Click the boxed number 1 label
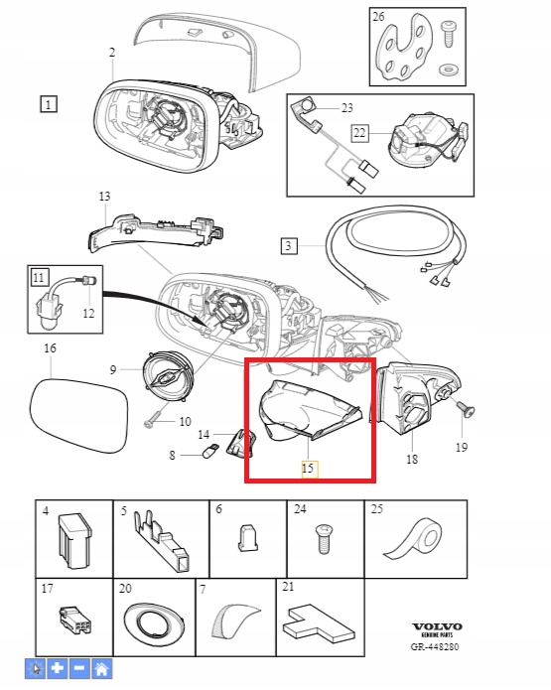coord(49,104)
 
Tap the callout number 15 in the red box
coord(308,469)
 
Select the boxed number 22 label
coord(359,132)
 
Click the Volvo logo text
coord(437,626)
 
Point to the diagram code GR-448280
coord(435,647)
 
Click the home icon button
coord(102,669)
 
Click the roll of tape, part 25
coord(413,540)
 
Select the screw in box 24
coord(325,539)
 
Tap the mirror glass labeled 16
coord(79,416)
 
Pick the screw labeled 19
coord(465,409)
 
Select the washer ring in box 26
coord(448,69)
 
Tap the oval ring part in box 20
coord(153,623)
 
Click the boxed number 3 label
coord(289,245)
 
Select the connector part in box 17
coord(75,621)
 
